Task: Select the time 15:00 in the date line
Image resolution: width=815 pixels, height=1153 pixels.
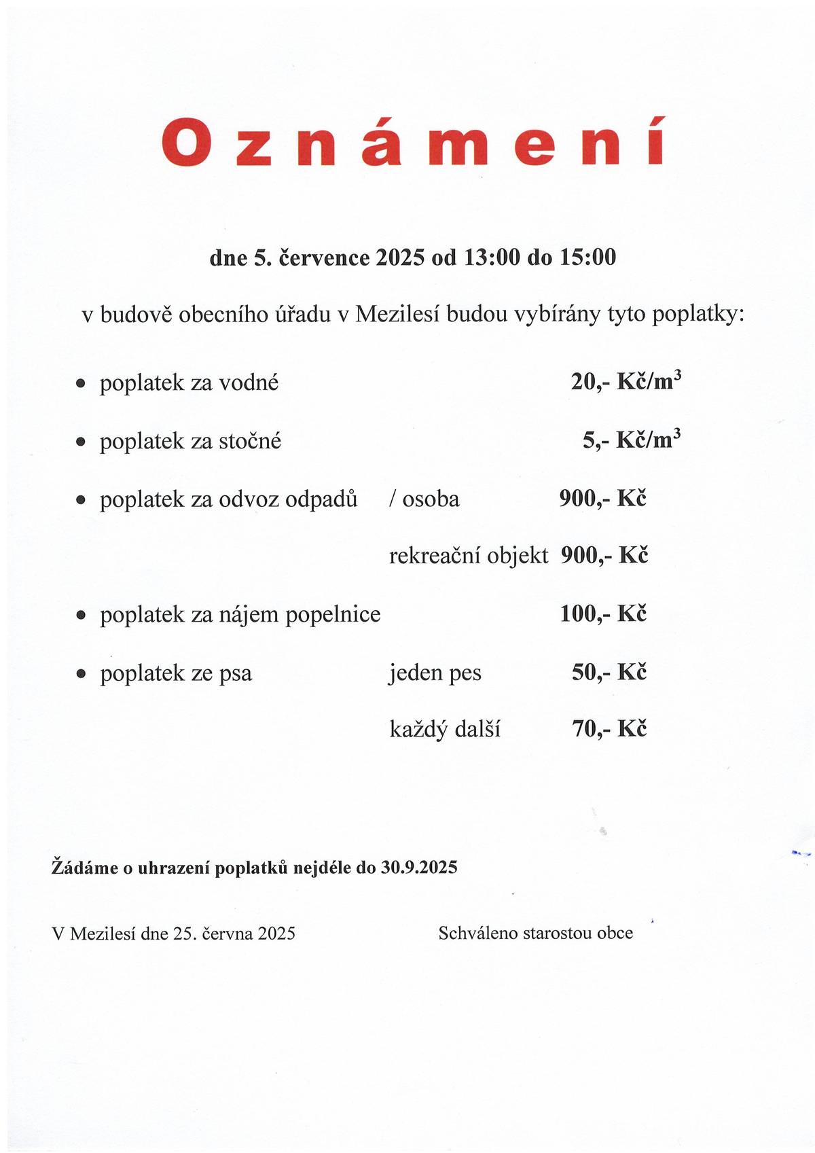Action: pyautogui.click(x=587, y=258)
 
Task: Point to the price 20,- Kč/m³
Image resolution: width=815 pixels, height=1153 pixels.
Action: pyautogui.click(x=626, y=382)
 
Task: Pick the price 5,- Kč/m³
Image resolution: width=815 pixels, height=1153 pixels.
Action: pyautogui.click(x=632, y=440)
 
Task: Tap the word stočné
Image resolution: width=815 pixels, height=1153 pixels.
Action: pyautogui.click(x=249, y=442)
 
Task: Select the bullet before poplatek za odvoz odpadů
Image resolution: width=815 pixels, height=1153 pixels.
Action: pyautogui.click(x=81, y=501)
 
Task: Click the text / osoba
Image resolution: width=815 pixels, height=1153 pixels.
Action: pyautogui.click(x=424, y=499)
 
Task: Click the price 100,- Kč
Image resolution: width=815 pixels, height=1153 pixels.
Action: pyautogui.click(x=603, y=614)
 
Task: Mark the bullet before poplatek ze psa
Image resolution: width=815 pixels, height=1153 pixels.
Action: pyautogui.click(x=81, y=675)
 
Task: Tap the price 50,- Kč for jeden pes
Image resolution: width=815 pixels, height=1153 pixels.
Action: pyautogui.click(x=609, y=673)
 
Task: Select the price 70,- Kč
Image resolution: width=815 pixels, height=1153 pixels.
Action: pyautogui.click(x=609, y=729)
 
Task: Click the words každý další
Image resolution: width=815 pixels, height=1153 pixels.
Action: pyautogui.click(x=445, y=730)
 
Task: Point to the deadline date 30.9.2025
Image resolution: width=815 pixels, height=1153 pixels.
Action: pyautogui.click(x=418, y=868)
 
